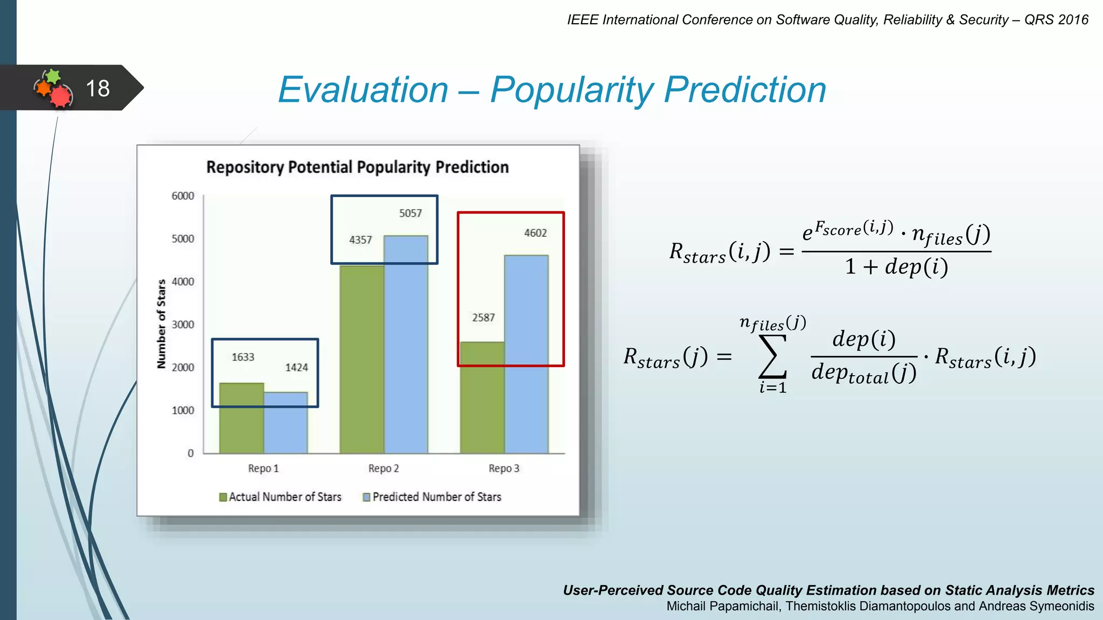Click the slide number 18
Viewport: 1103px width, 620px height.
[97, 89]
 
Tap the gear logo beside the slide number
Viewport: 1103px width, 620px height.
[53, 88]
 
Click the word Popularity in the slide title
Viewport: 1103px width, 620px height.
[571, 89]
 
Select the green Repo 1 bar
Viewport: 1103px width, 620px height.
[241, 418]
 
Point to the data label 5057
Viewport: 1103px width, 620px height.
[410, 213]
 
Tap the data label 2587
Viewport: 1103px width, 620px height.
[483, 318]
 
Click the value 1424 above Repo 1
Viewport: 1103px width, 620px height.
[296, 368]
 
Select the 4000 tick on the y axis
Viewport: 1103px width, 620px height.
[183, 281]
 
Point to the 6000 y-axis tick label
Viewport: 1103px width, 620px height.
[183, 196]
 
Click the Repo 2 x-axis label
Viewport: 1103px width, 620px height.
[383, 468]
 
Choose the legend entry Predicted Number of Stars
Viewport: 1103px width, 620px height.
[436, 497]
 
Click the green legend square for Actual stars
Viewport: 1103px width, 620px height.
[223, 497]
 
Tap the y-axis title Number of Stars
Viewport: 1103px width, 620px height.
[161, 324]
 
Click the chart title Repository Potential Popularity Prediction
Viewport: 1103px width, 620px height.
[357, 167]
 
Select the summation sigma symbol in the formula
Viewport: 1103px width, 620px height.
[772, 356]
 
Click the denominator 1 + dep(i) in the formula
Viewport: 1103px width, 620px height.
[896, 266]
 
